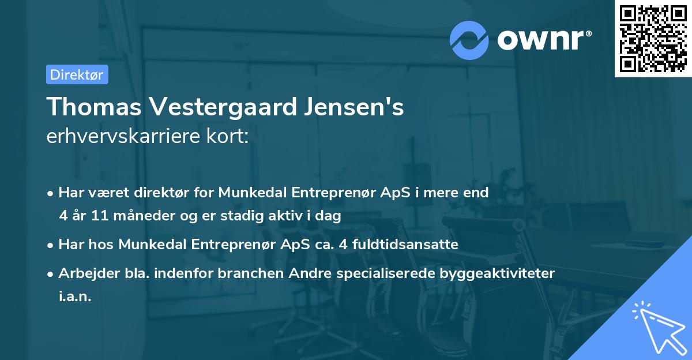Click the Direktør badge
77,74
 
